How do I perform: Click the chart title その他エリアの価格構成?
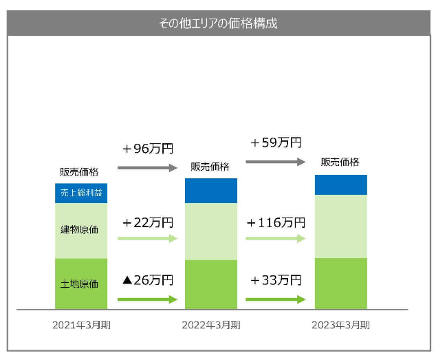[218, 23]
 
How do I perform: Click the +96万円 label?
[148, 149]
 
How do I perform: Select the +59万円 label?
[275, 143]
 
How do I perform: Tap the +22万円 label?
[148, 223]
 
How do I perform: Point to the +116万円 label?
[275, 223]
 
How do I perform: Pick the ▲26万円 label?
[147, 280]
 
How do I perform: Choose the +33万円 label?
[275, 280]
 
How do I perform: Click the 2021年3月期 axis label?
[81, 324]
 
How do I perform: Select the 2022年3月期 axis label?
[210, 324]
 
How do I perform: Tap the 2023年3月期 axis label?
[340, 324]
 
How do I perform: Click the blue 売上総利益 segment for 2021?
[81, 193]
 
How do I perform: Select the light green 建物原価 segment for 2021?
[81, 230]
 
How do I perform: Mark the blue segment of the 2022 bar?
[210, 191]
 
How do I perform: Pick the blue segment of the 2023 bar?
[340, 185]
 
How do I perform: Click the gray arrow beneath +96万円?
[147, 167]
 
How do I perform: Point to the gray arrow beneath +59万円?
[275, 162]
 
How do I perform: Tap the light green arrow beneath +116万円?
[275, 238]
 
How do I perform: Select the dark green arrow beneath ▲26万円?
[147, 299]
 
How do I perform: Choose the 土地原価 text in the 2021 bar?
[81, 284]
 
